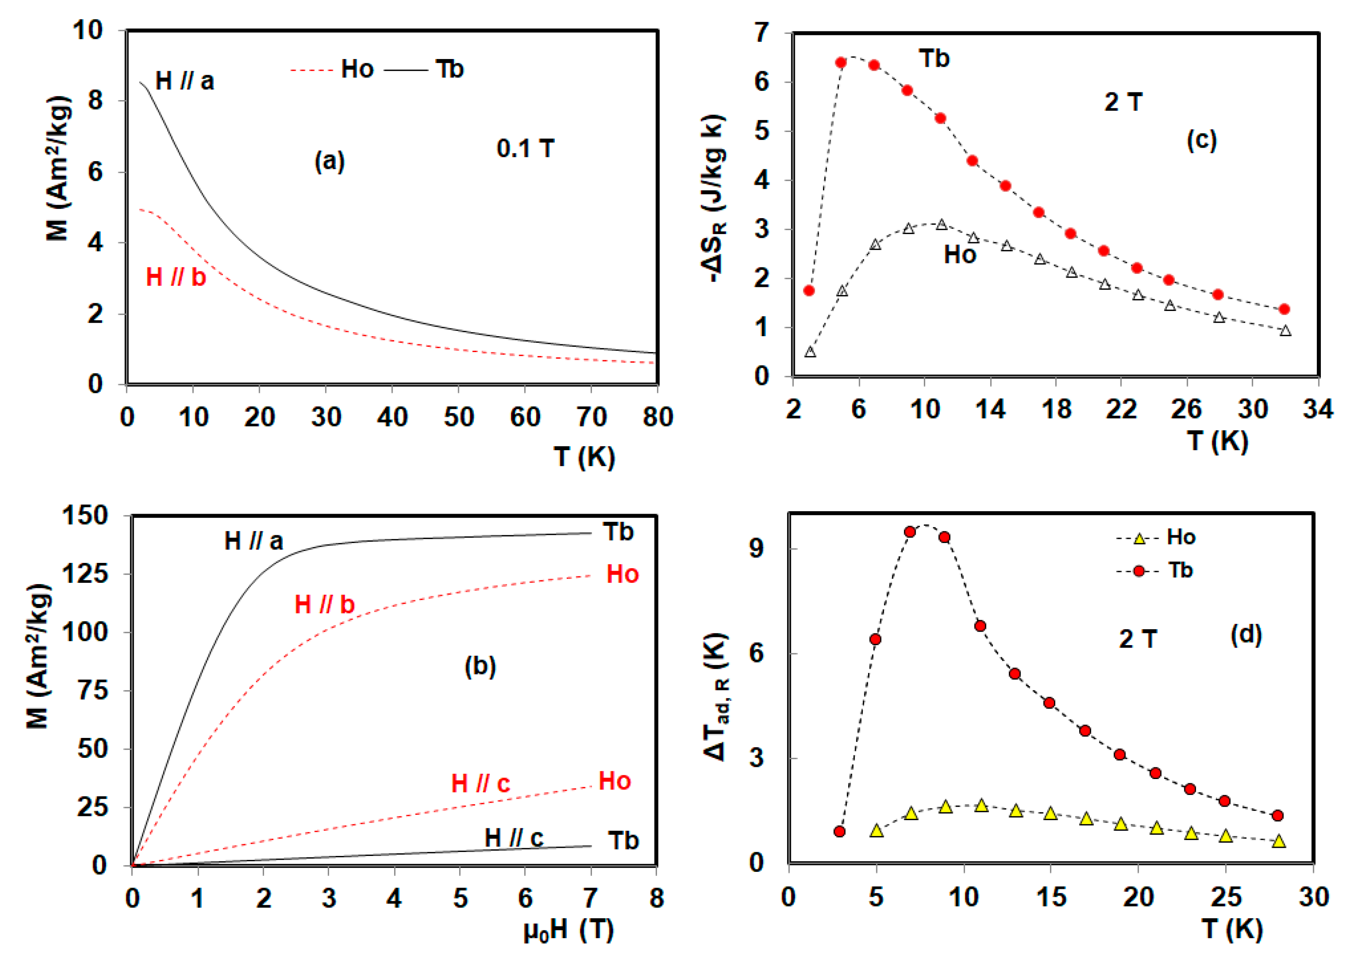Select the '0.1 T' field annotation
[x=525, y=149]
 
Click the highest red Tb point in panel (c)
[x=840, y=63]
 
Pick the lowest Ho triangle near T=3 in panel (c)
[x=810, y=352]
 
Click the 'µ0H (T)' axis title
[x=568, y=930]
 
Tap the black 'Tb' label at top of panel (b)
[x=618, y=532]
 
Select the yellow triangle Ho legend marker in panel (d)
[x=1139, y=539]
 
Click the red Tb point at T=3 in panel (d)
[x=839, y=832]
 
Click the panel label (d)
[x=1246, y=635]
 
